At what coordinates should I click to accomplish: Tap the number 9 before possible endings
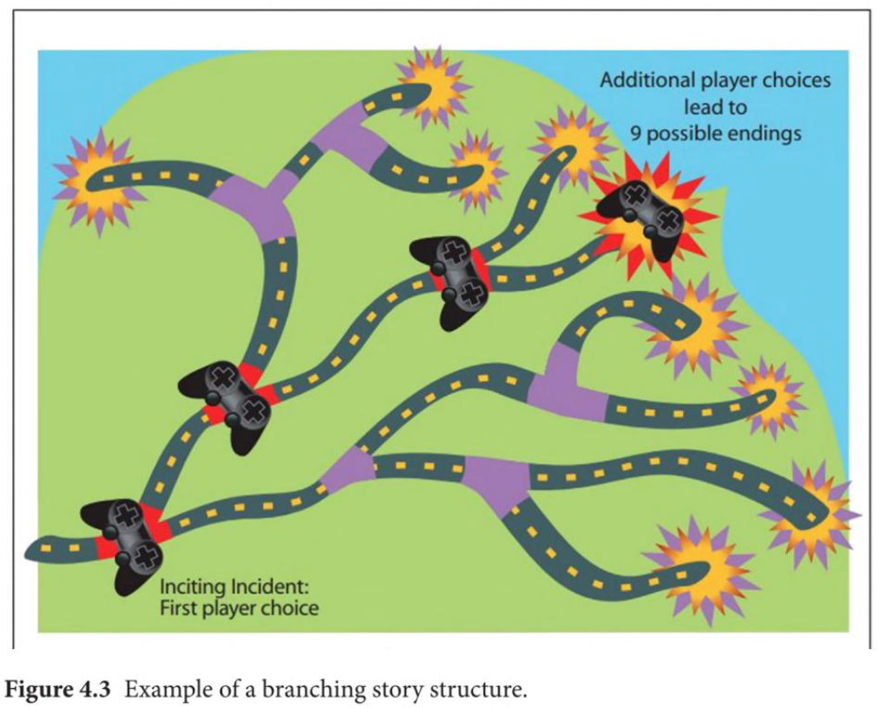tap(636, 134)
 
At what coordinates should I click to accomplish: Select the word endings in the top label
tap(763, 134)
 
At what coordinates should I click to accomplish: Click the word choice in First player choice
tap(286, 607)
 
